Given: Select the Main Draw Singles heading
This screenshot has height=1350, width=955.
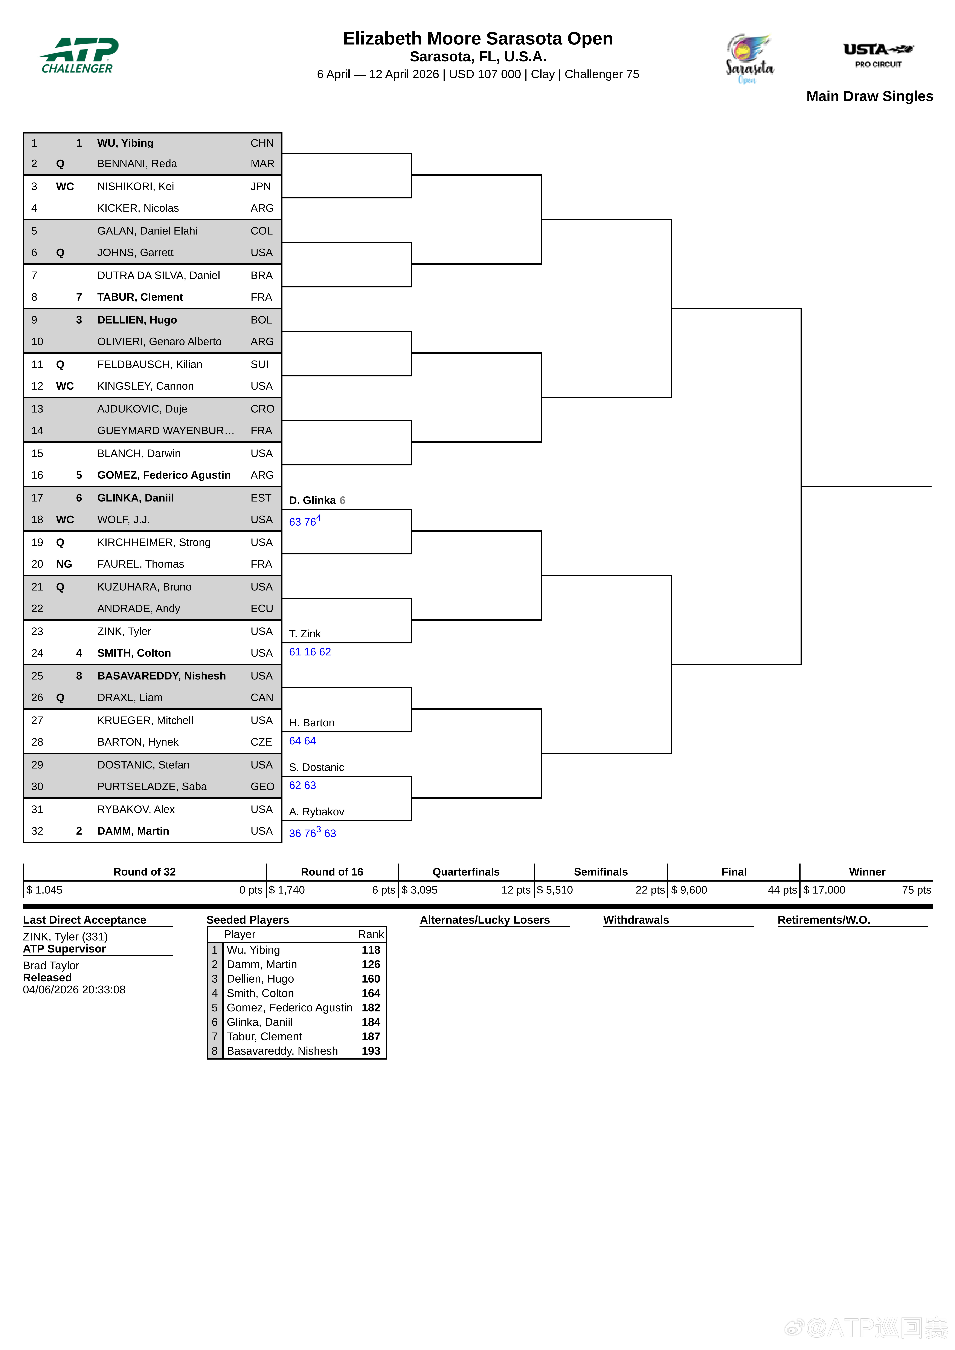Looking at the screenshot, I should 869,97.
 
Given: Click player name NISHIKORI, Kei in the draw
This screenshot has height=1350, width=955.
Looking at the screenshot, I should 135,186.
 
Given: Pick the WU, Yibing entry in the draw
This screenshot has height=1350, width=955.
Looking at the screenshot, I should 125,143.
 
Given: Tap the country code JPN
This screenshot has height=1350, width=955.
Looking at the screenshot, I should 261,186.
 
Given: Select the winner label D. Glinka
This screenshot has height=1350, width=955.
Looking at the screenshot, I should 312,500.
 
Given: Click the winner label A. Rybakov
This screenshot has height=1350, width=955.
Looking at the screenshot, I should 316,812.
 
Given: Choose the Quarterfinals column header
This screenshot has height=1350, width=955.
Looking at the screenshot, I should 466,872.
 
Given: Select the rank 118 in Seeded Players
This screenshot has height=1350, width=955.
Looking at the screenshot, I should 371,950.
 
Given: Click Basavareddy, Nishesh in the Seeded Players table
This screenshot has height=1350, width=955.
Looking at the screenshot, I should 282,1051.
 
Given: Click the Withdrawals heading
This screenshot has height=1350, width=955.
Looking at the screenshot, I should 636,920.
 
